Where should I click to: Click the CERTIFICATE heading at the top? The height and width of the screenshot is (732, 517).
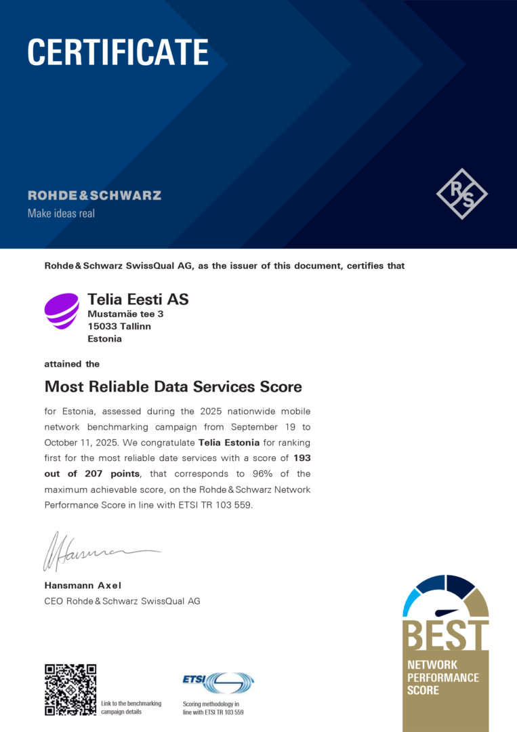tap(118, 52)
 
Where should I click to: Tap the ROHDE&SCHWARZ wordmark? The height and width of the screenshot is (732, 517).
tap(94, 196)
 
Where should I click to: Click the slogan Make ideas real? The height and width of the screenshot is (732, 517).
tap(61, 213)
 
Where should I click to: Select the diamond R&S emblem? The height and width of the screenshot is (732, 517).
tap(461, 194)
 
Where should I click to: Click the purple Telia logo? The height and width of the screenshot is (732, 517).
tap(62, 311)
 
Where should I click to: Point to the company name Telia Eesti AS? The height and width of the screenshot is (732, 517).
tap(138, 299)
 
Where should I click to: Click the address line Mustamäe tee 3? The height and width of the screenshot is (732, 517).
tap(125, 314)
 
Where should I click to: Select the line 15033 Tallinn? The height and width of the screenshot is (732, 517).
tap(119, 326)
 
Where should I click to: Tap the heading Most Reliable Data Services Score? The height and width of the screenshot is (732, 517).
tap(173, 386)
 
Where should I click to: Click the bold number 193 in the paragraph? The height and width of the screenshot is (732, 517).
tap(302, 457)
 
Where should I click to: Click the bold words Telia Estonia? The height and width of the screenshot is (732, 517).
tap(228, 443)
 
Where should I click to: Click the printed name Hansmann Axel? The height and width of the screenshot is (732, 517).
tap(83, 585)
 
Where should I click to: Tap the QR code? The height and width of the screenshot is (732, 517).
tap(70, 689)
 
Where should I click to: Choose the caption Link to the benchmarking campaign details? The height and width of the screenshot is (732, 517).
tap(131, 708)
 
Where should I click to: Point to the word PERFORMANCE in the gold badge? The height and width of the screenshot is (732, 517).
tap(442, 678)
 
